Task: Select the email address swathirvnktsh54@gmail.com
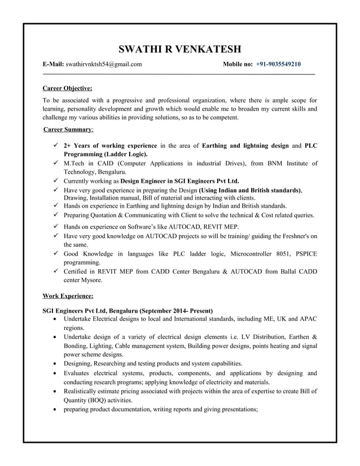click(x=103, y=65)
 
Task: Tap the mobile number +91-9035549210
click(x=278, y=65)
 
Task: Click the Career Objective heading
click(x=68, y=88)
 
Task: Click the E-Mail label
click(x=54, y=65)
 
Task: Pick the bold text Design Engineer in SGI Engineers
click(x=180, y=182)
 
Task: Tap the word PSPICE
click(x=305, y=254)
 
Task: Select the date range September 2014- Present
click(x=175, y=311)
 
